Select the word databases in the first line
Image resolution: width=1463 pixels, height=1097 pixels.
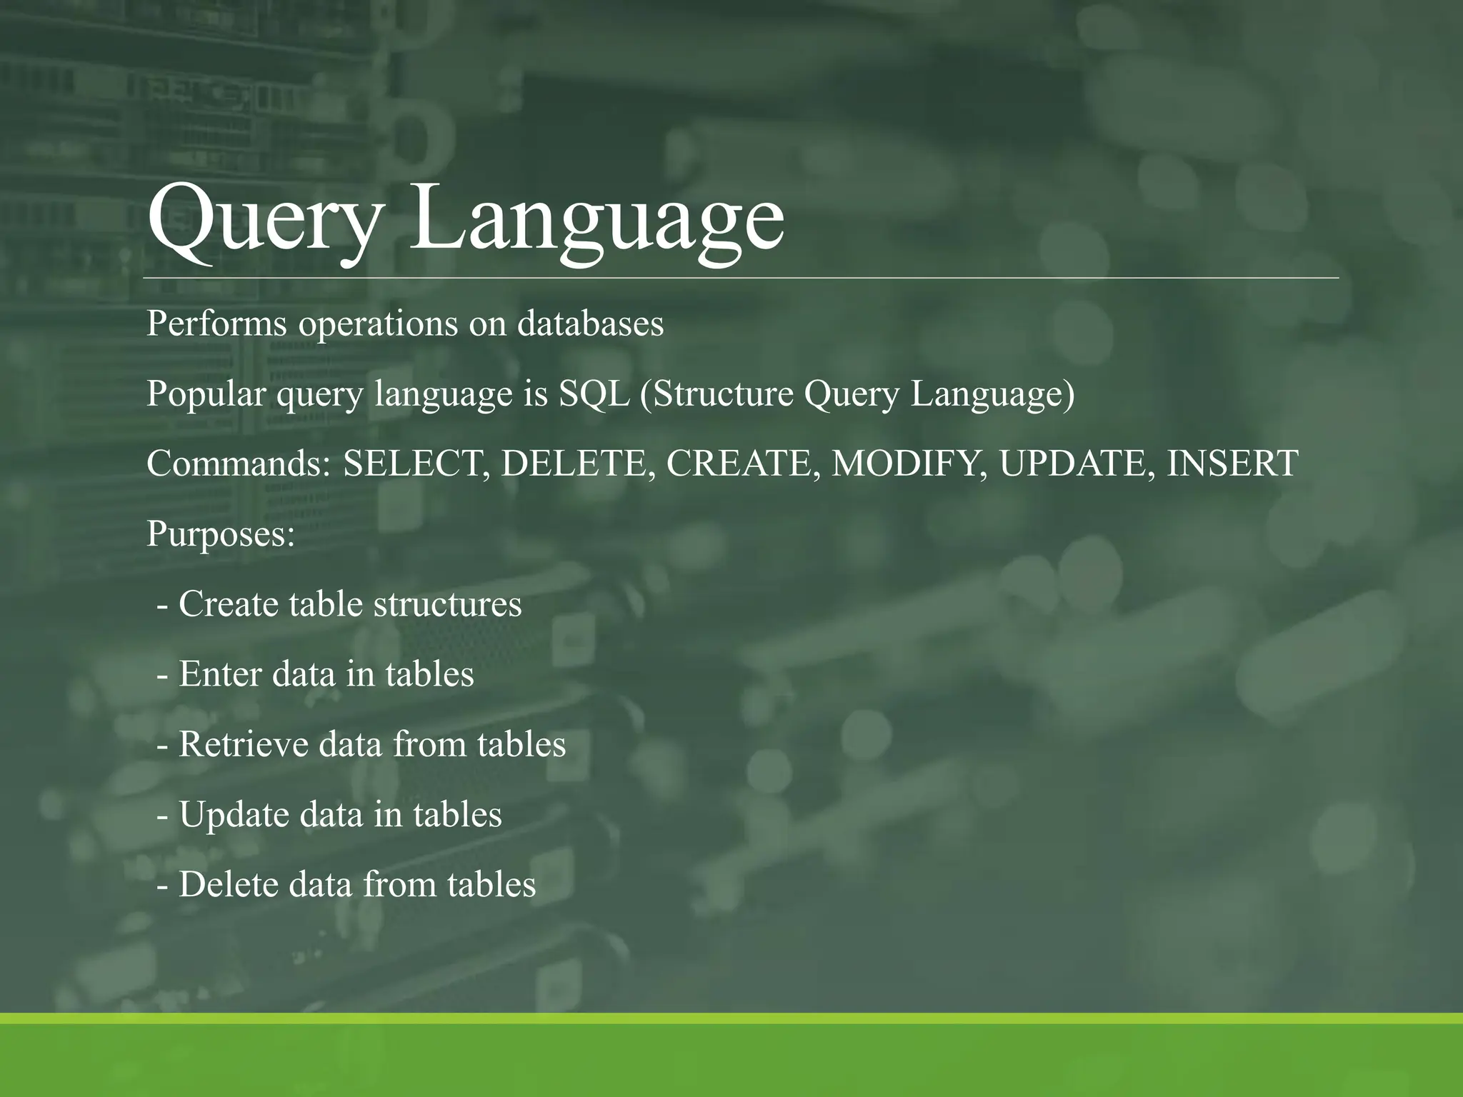point(590,324)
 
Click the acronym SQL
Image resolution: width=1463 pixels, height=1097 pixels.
point(594,394)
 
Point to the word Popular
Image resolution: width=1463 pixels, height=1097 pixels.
point(206,394)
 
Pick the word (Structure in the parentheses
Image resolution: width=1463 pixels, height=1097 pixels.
point(716,394)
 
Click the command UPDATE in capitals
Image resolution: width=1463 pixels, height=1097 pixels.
point(1077,464)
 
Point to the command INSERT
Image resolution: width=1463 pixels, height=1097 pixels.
point(1232,464)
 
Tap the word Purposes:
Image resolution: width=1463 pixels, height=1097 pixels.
point(221,534)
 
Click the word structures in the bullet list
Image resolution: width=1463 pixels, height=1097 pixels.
point(447,604)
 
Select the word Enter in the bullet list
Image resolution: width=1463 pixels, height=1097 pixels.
point(220,674)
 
